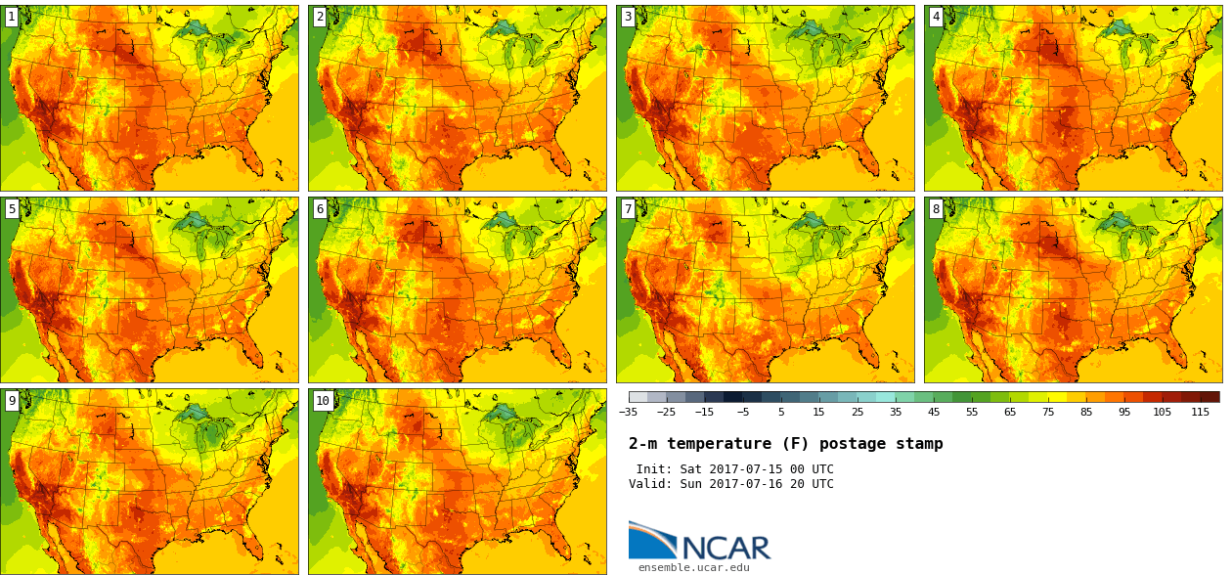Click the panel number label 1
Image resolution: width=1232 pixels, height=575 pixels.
(x=12, y=17)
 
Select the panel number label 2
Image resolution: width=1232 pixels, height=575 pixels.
(x=320, y=17)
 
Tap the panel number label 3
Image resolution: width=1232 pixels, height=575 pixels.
(x=628, y=17)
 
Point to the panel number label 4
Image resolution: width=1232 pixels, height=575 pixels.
(x=936, y=17)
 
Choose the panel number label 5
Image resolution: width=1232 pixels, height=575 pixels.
(x=12, y=208)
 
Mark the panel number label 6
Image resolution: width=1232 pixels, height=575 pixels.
(x=320, y=208)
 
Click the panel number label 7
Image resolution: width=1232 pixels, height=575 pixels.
(x=628, y=208)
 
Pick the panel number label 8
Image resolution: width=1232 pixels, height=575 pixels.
(x=936, y=208)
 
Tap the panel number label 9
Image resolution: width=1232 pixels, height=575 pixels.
(x=12, y=400)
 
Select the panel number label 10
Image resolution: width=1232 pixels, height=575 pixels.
(x=323, y=400)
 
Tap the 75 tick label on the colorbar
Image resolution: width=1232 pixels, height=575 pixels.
(x=1048, y=413)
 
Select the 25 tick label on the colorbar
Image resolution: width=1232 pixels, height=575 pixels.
(x=858, y=413)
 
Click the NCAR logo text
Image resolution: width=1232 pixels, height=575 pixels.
(x=726, y=548)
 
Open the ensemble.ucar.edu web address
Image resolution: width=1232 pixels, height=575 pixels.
(x=693, y=567)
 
